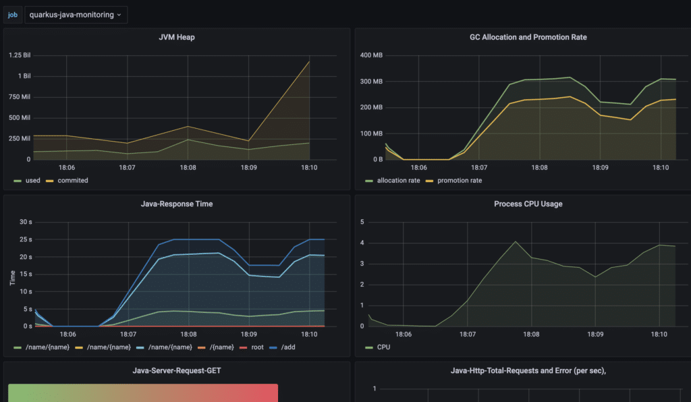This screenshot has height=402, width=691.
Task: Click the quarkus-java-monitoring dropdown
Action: point(75,14)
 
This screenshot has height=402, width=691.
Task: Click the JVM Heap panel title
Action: point(177,37)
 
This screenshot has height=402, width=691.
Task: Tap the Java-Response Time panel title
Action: point(177,204)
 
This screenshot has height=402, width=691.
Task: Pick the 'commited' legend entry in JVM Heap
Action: point(72,180)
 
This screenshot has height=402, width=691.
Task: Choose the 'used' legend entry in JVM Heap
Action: point(32,180)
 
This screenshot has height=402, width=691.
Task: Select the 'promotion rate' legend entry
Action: point(460,180)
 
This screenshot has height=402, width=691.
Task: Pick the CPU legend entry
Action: point(383,347)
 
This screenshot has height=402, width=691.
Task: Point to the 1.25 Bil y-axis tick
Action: point(19,55)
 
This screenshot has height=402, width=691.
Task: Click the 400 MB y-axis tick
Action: point(371,55)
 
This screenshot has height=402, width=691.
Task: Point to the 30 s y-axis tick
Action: point(26,222)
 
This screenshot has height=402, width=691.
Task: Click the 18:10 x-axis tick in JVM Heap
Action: point(310,167)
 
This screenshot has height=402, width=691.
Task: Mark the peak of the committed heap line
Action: point(310,61)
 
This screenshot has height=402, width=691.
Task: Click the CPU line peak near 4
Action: point(515,241)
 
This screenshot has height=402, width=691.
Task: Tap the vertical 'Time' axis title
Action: point(12,278)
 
